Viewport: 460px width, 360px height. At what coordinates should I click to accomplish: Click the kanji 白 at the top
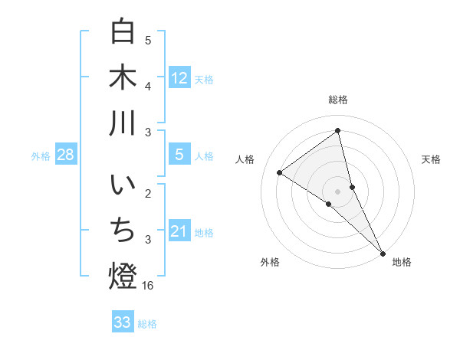click(x=123, y=31)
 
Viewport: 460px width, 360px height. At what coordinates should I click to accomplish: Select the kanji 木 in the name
click(x=123, y=77)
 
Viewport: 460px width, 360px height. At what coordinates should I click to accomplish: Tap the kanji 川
click(x=123, y=123)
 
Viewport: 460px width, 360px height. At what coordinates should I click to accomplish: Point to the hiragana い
click(x=123, y=186)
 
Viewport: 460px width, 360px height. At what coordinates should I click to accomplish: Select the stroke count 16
click(x=148, y=286)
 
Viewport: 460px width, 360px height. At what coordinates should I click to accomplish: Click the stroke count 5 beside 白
click(x=148, y=40)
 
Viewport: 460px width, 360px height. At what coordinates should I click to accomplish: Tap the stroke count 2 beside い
click(x=148, y=194)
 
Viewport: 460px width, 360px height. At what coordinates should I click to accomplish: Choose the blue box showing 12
click(x=179, y=77)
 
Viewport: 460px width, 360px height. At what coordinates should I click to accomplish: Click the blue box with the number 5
click(x=179, y=155)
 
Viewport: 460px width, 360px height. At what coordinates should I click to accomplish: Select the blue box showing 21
click(x=179, y=231)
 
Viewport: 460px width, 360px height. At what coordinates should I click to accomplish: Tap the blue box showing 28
click(x=65, y=155)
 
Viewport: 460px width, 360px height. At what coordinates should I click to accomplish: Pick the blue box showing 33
click(x=123, y=322)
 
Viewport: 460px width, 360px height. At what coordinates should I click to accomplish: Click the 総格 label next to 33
click(x=147, y=324)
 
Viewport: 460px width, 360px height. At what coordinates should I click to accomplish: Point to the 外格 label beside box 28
click(x=41, y=156)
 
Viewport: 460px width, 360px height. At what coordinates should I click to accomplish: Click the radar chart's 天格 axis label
click(x=432, y=159)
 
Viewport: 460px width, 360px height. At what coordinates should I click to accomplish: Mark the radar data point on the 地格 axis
click(x=383, y=252)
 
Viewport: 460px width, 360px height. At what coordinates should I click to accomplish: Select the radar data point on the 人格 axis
click(x=280, y=173)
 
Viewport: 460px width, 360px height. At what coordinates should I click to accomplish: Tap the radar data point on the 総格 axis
click(x=338, y=131)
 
